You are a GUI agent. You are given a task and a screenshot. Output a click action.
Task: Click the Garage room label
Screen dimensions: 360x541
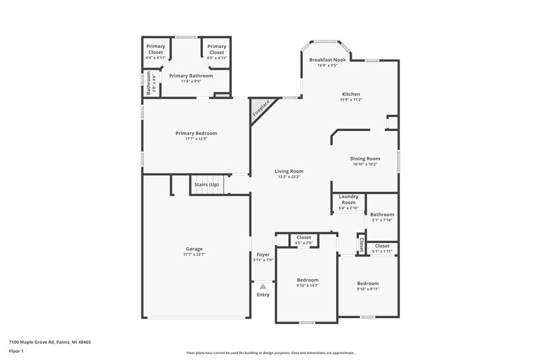pos(194,249)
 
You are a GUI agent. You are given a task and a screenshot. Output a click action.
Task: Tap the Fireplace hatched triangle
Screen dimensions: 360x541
pos(259,108)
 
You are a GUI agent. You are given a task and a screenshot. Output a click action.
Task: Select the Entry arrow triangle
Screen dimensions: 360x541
pos(263,286)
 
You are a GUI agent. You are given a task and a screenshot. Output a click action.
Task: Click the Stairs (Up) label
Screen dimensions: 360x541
pos(206,184)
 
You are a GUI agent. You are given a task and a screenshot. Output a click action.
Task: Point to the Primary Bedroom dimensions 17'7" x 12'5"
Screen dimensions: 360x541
pos(196,139)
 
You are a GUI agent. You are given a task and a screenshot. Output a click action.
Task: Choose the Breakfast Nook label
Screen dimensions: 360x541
pos(327,60)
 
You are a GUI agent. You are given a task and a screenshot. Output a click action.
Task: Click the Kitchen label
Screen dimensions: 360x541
pos(350,94)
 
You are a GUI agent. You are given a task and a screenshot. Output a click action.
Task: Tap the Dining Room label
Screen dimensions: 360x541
pos(365,158)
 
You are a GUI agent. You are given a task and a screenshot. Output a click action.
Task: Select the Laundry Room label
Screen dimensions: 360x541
pos(348,200)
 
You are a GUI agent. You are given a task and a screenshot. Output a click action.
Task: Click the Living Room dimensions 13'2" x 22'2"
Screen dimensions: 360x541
pos(289,177)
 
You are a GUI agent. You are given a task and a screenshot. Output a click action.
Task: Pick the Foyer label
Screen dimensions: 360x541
pos(263,255)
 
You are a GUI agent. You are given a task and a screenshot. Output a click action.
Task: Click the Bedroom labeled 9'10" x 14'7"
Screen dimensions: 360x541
pos(307,280)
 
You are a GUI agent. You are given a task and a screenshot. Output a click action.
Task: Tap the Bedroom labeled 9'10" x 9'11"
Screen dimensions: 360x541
pos(368,283)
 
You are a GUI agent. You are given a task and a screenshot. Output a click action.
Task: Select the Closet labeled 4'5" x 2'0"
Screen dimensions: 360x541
pos(304,238)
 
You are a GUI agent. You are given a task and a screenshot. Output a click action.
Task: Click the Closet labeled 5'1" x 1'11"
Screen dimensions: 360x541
pos(382,246)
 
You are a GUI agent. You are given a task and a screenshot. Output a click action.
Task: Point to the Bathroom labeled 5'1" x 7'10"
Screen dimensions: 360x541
pos(382,214)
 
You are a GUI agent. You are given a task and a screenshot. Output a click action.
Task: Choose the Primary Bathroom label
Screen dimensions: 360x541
pos(191,76)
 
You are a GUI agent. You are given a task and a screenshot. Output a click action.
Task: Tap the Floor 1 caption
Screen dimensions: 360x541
pos(16,352)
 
